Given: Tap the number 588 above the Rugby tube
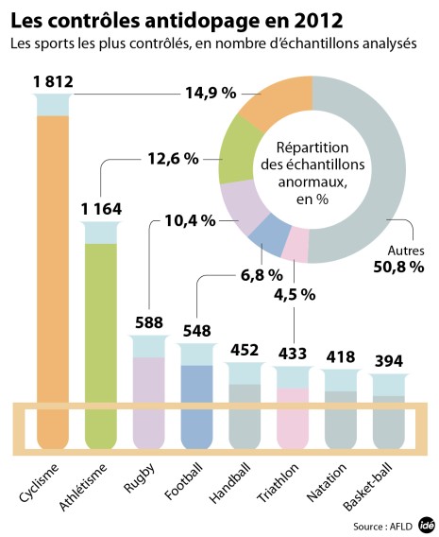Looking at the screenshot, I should (147, 320).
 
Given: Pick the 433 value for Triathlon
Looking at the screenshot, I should (292, 355).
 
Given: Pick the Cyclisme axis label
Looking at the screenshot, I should (40, 482).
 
